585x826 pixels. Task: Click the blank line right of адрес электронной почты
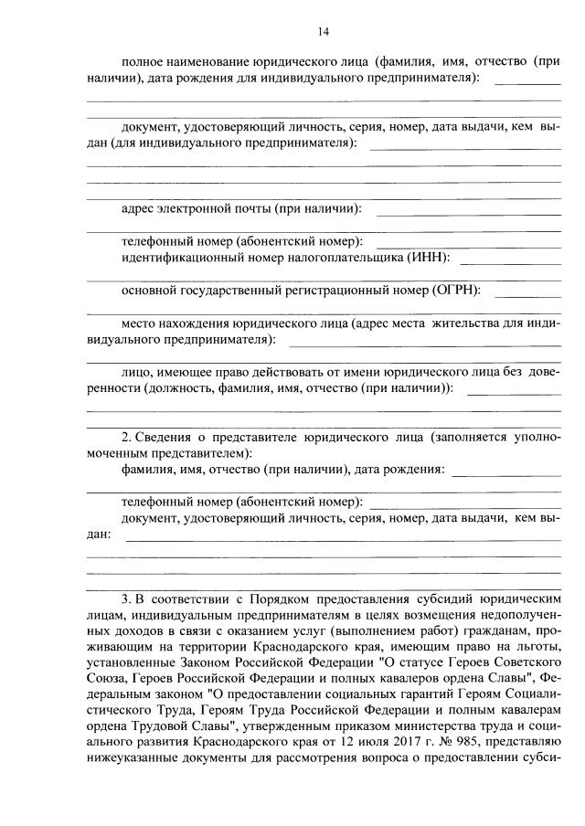(x=468, y=214)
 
